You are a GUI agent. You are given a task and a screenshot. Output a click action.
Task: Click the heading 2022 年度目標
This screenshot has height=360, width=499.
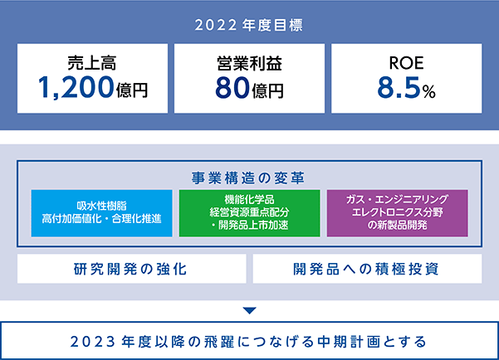tap(249, 26)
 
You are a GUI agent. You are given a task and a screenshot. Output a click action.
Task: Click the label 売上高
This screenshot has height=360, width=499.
tap(92, 63)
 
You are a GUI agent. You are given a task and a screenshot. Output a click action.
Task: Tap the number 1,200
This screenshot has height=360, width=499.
tap(76, 87)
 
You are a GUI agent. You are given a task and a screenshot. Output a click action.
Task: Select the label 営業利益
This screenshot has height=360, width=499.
tap(249, 63)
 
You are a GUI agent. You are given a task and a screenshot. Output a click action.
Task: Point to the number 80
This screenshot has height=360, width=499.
tap(232, 87)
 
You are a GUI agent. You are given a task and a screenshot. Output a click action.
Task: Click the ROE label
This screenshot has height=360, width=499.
tap(406, 63)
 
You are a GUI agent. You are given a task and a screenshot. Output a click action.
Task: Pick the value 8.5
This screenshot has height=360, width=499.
tap(399, 87)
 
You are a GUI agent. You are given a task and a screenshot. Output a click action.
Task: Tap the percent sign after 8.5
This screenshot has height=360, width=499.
tap(429, 92)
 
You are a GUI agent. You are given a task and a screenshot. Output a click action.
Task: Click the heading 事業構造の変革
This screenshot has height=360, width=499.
tap(248, 178)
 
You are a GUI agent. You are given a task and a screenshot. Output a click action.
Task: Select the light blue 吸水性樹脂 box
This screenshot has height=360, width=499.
tap(102, 213)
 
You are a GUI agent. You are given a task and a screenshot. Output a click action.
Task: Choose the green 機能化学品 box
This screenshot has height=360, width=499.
tap(249, 213)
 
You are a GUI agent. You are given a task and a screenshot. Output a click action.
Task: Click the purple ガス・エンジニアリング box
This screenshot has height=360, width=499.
tap(398, 213)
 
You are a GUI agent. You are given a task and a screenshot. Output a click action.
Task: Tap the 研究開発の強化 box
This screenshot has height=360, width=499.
tap(132, 269)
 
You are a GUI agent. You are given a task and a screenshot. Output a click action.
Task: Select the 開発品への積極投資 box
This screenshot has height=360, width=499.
tap(367, 269)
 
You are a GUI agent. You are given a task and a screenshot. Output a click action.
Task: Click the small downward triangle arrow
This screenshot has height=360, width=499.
tap(249, 311)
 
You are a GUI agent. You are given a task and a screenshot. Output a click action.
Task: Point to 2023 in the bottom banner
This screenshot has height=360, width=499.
tap(93, 342)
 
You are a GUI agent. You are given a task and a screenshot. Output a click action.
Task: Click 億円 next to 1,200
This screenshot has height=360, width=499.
tap(132, 90)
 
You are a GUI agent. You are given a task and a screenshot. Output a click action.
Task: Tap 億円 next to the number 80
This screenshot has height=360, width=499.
tap(267, 90)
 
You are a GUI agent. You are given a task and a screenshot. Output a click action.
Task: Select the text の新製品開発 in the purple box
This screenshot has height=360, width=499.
tap(398, 225)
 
